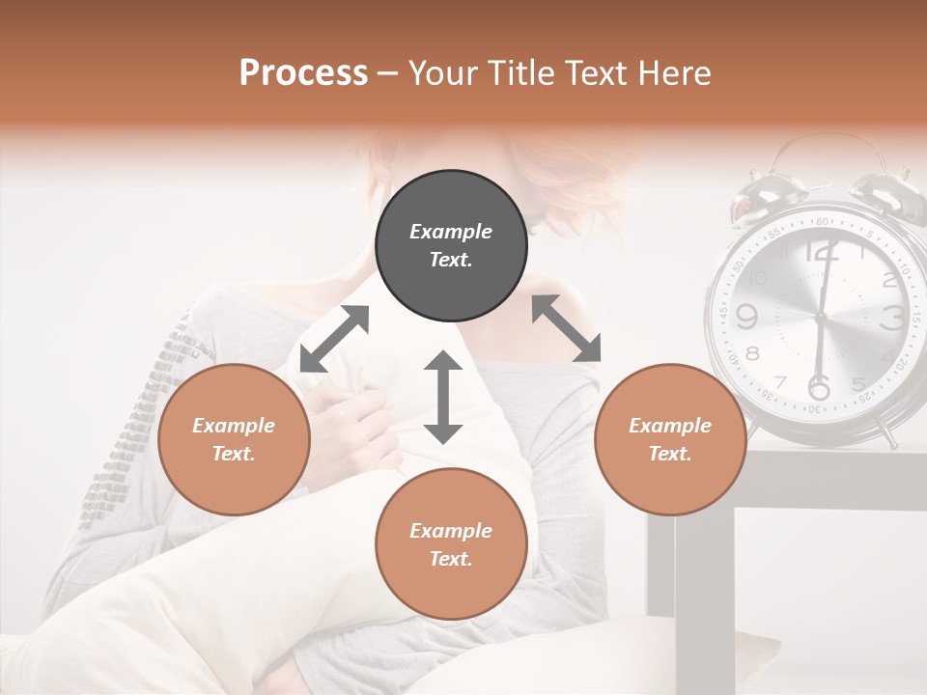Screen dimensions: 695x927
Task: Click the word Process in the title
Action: tap(303, 73)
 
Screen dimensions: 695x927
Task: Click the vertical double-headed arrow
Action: tap(443, 397)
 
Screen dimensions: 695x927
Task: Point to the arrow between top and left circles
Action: tap(334, 339)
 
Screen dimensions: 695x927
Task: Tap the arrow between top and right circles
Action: tap(566, 328)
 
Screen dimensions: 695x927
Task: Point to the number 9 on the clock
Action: tap(746, 316)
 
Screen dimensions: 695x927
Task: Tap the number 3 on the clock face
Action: tap(893, 317)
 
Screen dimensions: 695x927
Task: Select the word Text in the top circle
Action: tap(451, 260)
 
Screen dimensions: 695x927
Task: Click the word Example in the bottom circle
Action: tap(451, 530)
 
